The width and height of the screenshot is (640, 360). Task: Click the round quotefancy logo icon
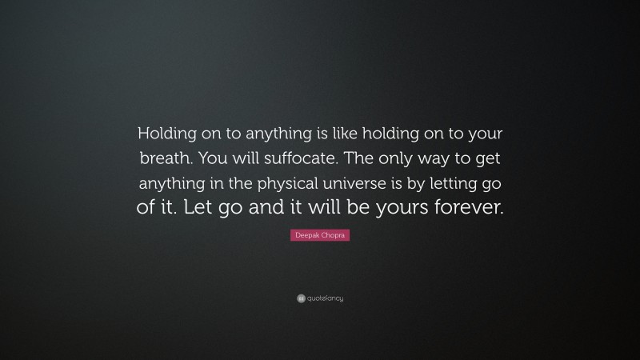(x=301, y=298)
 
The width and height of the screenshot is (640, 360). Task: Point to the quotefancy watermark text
(x=325, y=298)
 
